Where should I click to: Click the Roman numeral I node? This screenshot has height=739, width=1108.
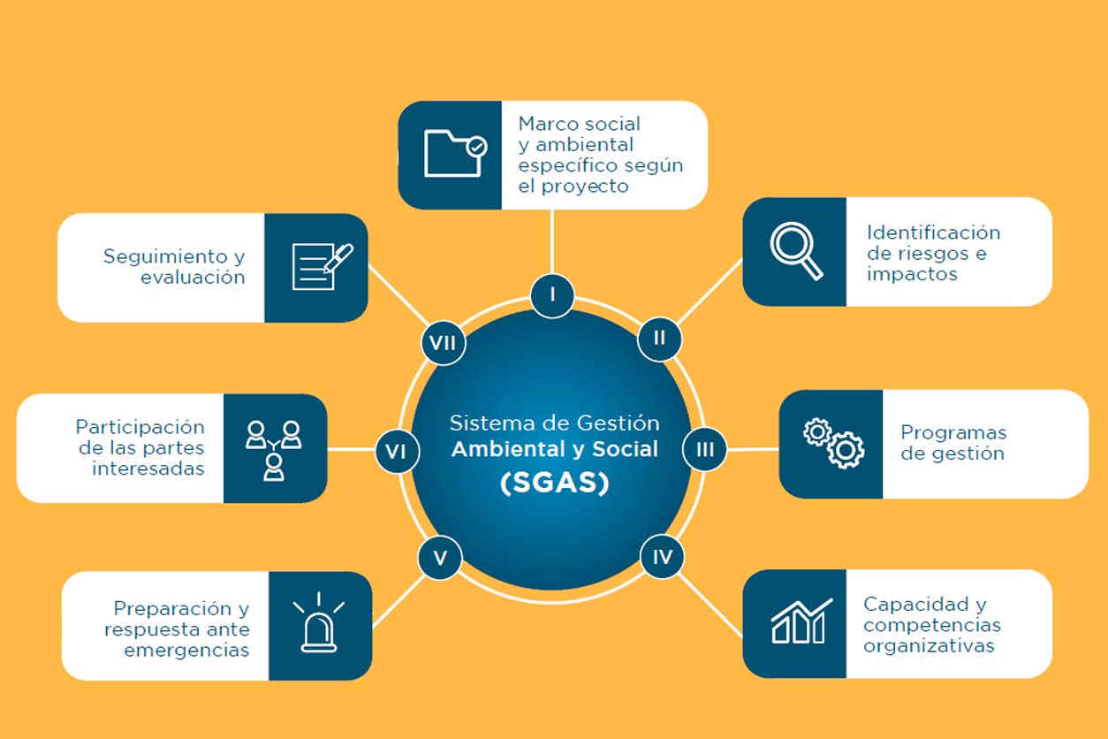click(x=552, y=293)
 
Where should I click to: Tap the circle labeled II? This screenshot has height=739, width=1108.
click(x=659, y=338)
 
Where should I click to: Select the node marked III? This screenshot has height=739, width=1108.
click(x=704, y=449)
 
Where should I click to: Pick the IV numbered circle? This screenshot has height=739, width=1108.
click(x=662, y=558)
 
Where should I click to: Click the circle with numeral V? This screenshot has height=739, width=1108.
click(x=440, y=558)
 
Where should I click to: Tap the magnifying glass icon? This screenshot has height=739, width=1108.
click(x=795, y=251)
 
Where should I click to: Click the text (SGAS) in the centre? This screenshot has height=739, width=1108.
click(x=554, y=484)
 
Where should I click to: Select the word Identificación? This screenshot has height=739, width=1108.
click(x=933, y=232)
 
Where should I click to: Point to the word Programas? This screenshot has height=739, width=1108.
click(x=953, y=433)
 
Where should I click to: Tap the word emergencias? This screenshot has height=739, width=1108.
click(x=186, y=651)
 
